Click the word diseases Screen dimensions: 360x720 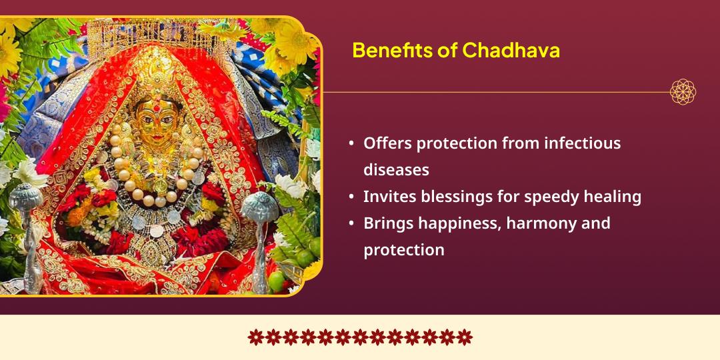click(x=396, y=170)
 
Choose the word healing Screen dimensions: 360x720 click(x=613, y=197)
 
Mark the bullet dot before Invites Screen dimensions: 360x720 click(x=351, y=197)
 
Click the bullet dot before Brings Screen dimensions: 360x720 click(x=351, y=224)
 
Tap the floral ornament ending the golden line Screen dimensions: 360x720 click(x=683, y=92)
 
